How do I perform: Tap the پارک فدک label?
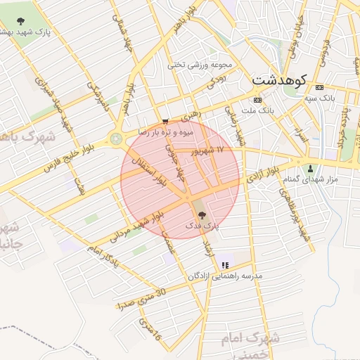(203, 226)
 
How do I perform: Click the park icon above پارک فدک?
(200, 215)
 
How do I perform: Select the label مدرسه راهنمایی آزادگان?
(224, 276)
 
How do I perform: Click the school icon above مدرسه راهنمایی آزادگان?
(225, 265)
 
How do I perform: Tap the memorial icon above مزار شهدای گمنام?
(310, 168)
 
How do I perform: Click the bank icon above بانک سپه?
(321, 87)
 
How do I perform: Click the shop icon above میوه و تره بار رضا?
(165, 121)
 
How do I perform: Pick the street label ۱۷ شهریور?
(209, 150)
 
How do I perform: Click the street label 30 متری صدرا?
(141, 300)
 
